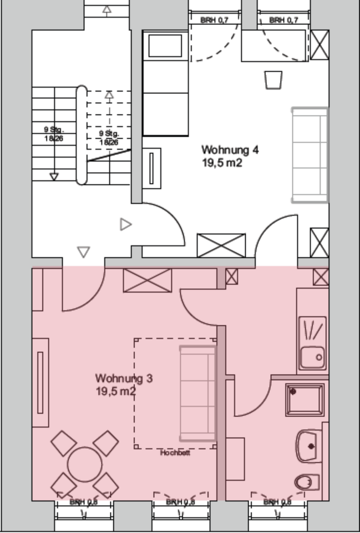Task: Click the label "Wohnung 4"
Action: point(230,150)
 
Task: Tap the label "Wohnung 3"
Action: point(124,379)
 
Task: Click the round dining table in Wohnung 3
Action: point(85,465)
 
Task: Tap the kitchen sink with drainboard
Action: point(312,343)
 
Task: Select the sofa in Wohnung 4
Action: point(310,155)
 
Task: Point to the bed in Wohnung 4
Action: point(165,83)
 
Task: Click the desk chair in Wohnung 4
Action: point(273,79)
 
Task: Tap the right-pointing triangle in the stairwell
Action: point(126,224)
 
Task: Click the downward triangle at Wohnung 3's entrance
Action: point(83,253)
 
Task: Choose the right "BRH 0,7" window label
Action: point(284,20)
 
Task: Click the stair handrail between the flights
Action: point(81,134)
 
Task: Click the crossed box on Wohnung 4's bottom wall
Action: point(221,245)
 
